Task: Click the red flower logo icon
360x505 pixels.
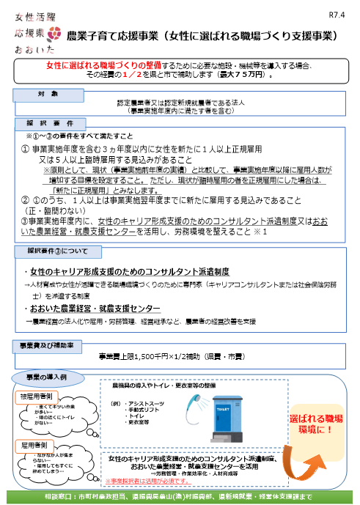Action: coord(54,34)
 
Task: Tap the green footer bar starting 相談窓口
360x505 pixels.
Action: coord(180,497)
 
